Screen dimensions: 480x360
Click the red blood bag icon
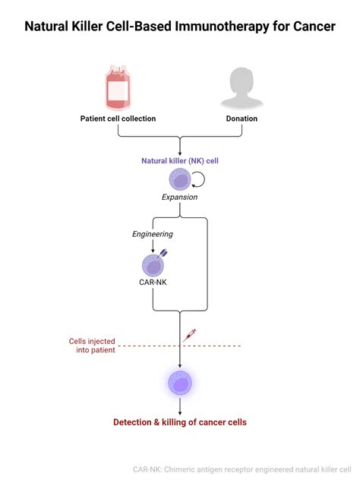[x=118, y=89]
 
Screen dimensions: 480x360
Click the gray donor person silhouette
[x=242, y=88]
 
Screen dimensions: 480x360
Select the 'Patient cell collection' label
[x=118, y=118]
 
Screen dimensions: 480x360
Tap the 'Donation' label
[x=242, y=118]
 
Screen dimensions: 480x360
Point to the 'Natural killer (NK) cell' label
[x=179, y=161]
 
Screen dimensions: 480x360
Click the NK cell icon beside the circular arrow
[x=179, y=179]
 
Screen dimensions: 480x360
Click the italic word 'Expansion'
[x=179, y=197]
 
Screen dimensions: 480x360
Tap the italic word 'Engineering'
[x=153, y=235]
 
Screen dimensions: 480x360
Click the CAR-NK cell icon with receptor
[x=153, y=264]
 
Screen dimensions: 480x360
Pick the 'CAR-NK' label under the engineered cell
[x=153, y=283]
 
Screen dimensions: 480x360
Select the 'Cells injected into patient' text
[x=90, y=346]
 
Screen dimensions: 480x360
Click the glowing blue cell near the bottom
[x=179, y=384]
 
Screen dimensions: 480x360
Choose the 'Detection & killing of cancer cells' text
[x=179, y=422]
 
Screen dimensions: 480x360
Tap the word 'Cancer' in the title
[x=310, y=27]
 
